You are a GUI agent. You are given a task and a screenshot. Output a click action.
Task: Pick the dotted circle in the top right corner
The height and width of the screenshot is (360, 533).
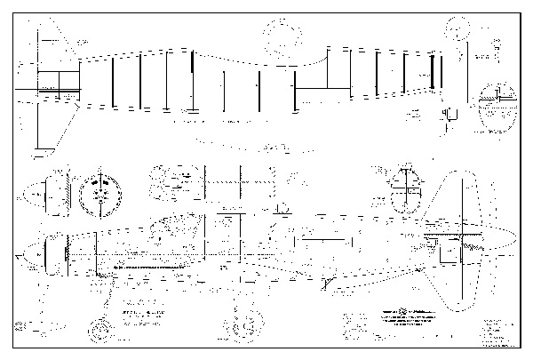click(458, 28)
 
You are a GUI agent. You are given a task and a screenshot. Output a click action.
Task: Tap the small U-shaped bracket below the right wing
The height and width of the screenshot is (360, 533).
click(449, 115)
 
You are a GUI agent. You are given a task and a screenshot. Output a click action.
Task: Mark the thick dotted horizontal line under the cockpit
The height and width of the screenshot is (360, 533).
click(151, 266)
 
